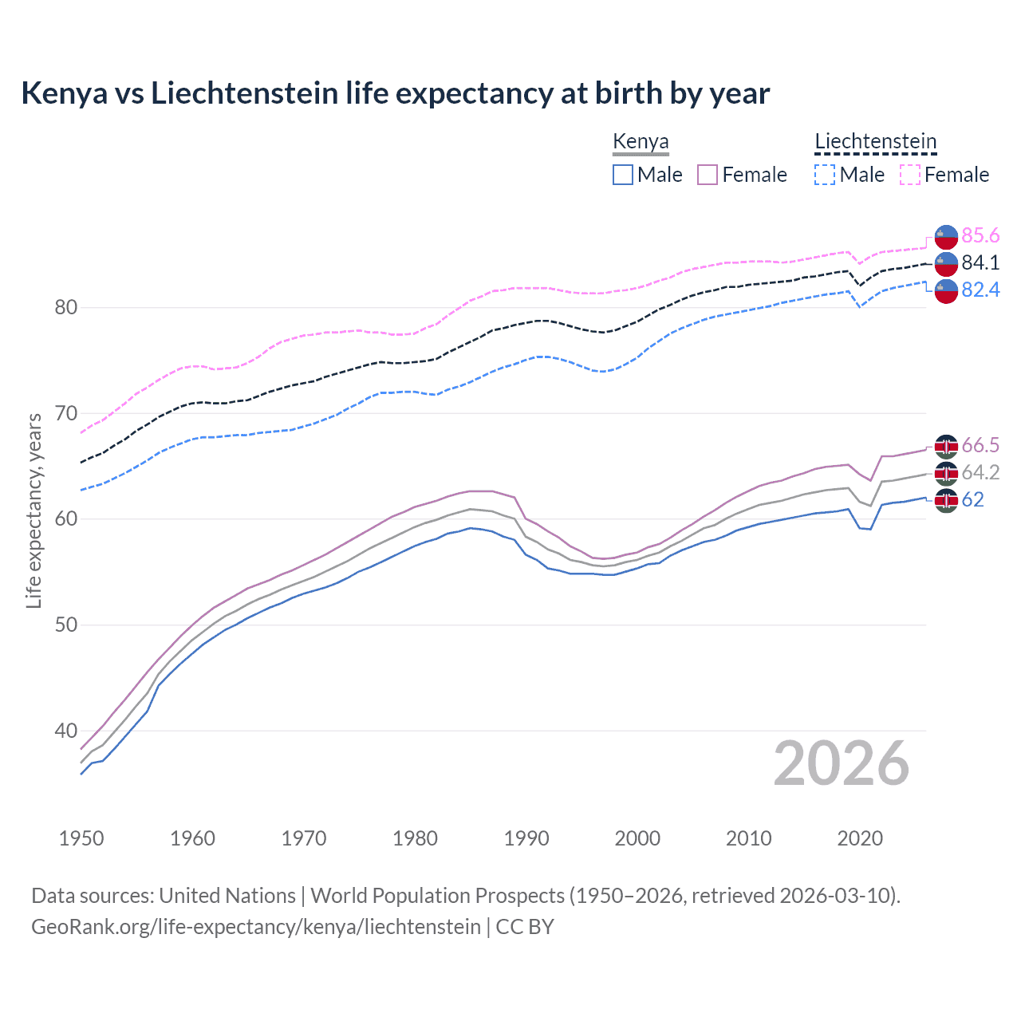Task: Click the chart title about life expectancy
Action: [395, 93]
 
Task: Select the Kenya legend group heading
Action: [641, 142]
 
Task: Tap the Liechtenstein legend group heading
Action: [875, 142]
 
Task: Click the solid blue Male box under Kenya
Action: [623, 175]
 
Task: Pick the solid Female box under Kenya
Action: [708, 175]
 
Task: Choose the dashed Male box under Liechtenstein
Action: [825, 175]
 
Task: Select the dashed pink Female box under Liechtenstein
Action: [910, 175]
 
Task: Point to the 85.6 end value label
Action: [980, 235]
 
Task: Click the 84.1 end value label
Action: [980, 262]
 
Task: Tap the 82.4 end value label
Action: [980, 290]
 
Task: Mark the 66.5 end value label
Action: [980, 445]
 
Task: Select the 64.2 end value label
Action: [980, 472]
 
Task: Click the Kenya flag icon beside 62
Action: [946, 500]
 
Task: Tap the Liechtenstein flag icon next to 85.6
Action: [946, 236]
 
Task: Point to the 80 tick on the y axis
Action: [66, 307]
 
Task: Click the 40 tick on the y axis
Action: [66, 731]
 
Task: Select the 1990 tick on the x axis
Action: [526, 838]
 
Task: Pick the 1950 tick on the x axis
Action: [81, 838]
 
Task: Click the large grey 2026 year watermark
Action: [842, 763]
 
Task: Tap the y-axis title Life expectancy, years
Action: [34, 510]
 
